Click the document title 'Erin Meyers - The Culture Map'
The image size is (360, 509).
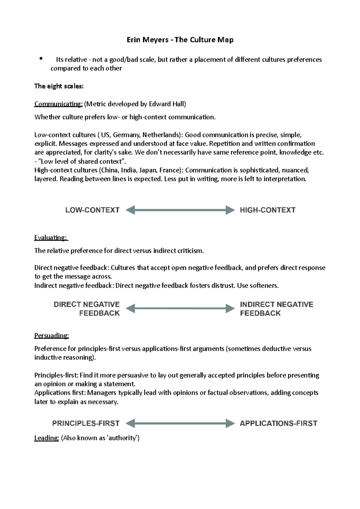click(180, 40)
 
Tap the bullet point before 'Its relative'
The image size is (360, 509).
click(41, 59)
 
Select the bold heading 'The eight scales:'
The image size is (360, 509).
click(59, 86)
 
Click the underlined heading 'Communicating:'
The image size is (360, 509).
click(58, 104)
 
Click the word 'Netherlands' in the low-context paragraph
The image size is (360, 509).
click(160, 135)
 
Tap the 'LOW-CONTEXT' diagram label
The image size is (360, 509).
click(92, 210)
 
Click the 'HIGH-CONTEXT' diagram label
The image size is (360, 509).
click(268, 210)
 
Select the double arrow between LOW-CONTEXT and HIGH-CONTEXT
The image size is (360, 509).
click(180, 210)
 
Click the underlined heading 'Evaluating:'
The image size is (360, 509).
click(51, 238)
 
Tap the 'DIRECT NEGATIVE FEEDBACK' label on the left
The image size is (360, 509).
click(87, 309)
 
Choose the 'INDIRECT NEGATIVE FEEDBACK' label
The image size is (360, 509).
click(276, 309)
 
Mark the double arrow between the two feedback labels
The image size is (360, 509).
click(180, 308)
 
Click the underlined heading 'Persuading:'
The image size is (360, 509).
click(52, 335)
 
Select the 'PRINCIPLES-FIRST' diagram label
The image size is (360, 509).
click(86, 423)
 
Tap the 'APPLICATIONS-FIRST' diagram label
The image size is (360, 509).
click(278, 423)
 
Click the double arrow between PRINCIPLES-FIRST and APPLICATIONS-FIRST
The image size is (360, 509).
click(180, 423)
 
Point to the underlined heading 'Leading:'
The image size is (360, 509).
click(46, 438)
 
